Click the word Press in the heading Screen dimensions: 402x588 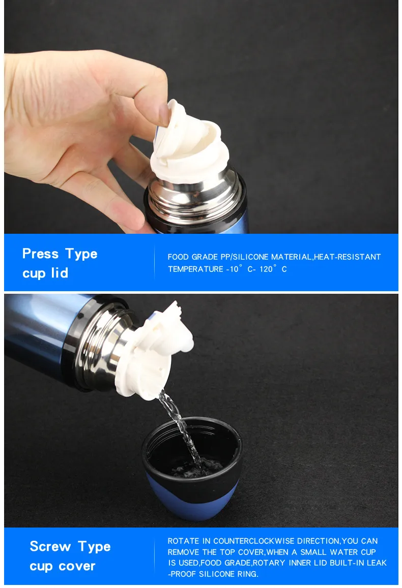pos(41,254)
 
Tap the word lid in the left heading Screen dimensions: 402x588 pos(60,272)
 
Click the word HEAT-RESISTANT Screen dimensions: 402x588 pos(347,257)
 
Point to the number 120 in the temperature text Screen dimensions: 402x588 pos(266,269)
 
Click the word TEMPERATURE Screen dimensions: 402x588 pos(195,269)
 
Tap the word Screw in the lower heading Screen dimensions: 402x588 pos(50,546)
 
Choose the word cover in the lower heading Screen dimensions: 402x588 pos(76,566)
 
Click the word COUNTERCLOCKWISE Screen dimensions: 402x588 pos(254,541)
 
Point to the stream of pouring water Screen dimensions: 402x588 pos(180,427)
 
